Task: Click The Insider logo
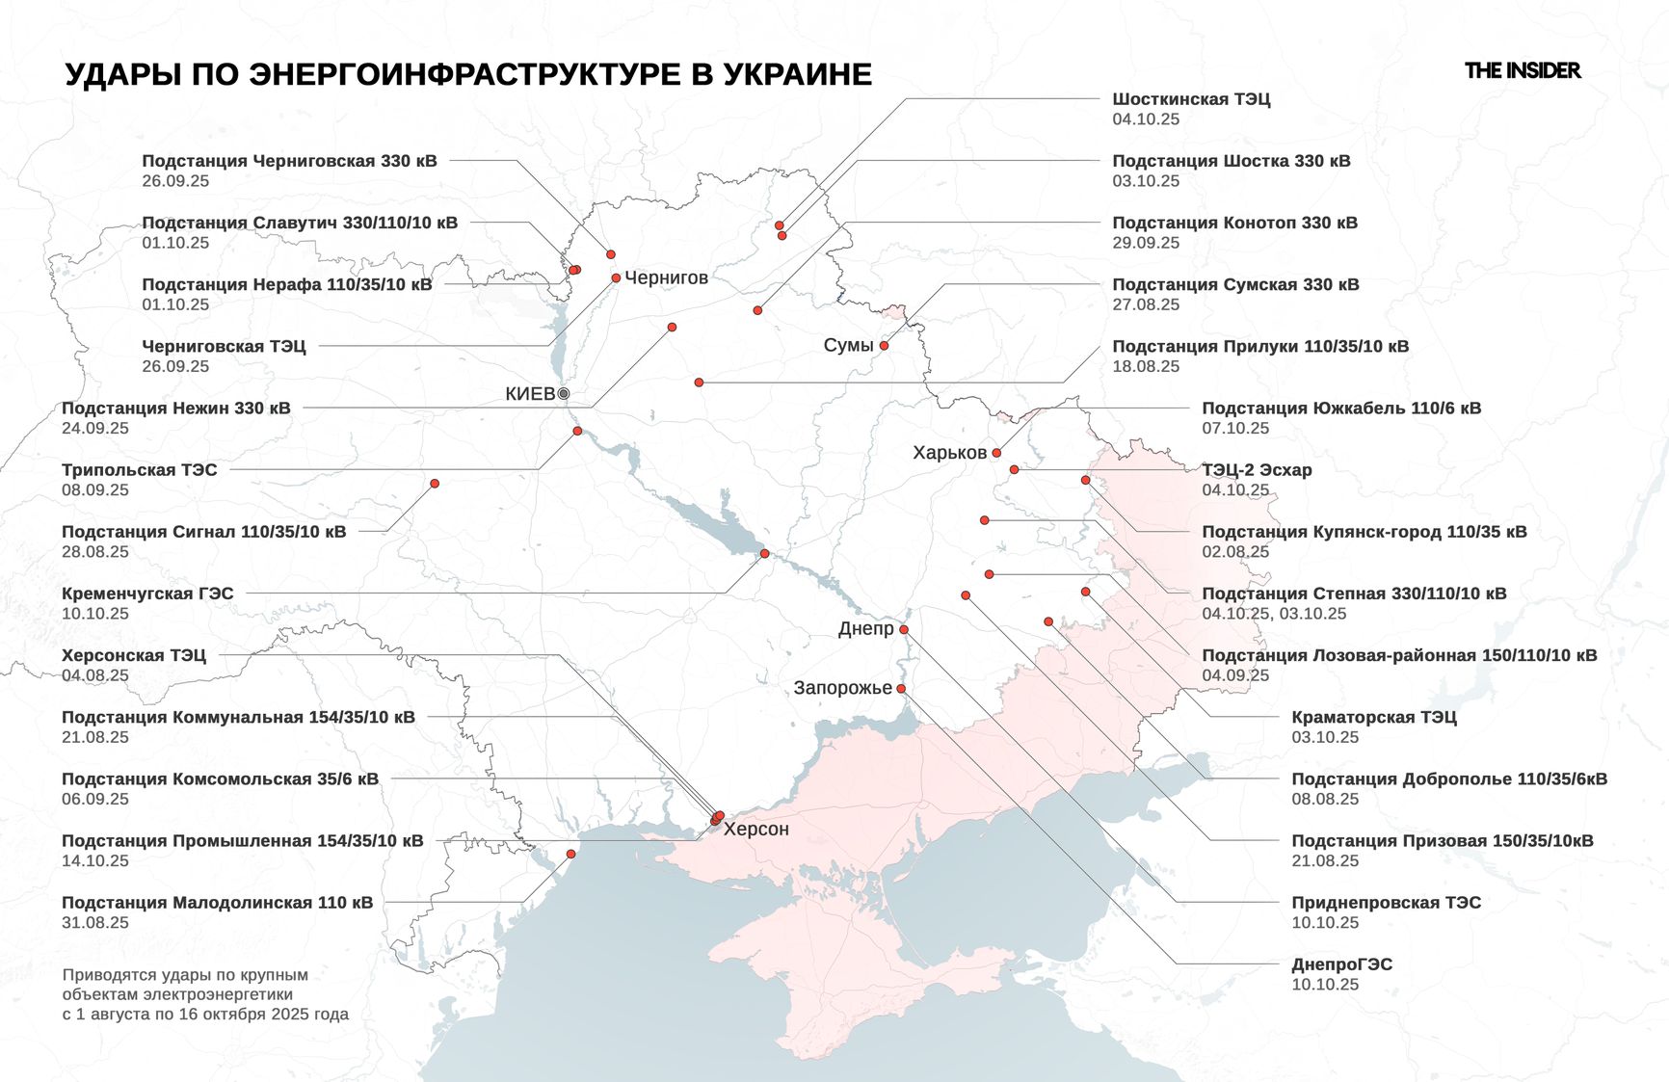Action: [x=1522, y=70]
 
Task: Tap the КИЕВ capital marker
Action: [x=564, y=393]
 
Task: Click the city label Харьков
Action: [x=949, y=453]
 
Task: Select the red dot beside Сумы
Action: [x=884, y=345]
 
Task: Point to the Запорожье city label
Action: [x=842, y=688]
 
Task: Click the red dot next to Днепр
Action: [x=904, y=629]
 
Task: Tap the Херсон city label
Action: [x=756, y=830]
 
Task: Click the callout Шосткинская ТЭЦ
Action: [x=1191, y=99]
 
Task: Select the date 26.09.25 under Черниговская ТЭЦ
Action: [x=175, y=366]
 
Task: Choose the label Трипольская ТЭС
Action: [x=140, y=470]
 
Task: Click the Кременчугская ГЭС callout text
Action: [x=147, y=594]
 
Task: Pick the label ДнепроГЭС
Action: [x=1341, y=964]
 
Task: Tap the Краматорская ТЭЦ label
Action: [x=1373, y=717]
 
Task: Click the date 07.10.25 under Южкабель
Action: [x=1235, y=428]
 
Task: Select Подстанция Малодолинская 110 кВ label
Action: [x=217, y=903]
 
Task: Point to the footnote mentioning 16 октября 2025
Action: [x=205, y=1014]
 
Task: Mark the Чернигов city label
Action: [x=666, y=278]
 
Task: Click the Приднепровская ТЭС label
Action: [x=1386, y=903]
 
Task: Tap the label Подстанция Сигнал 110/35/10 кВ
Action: [x=203, y=532]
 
